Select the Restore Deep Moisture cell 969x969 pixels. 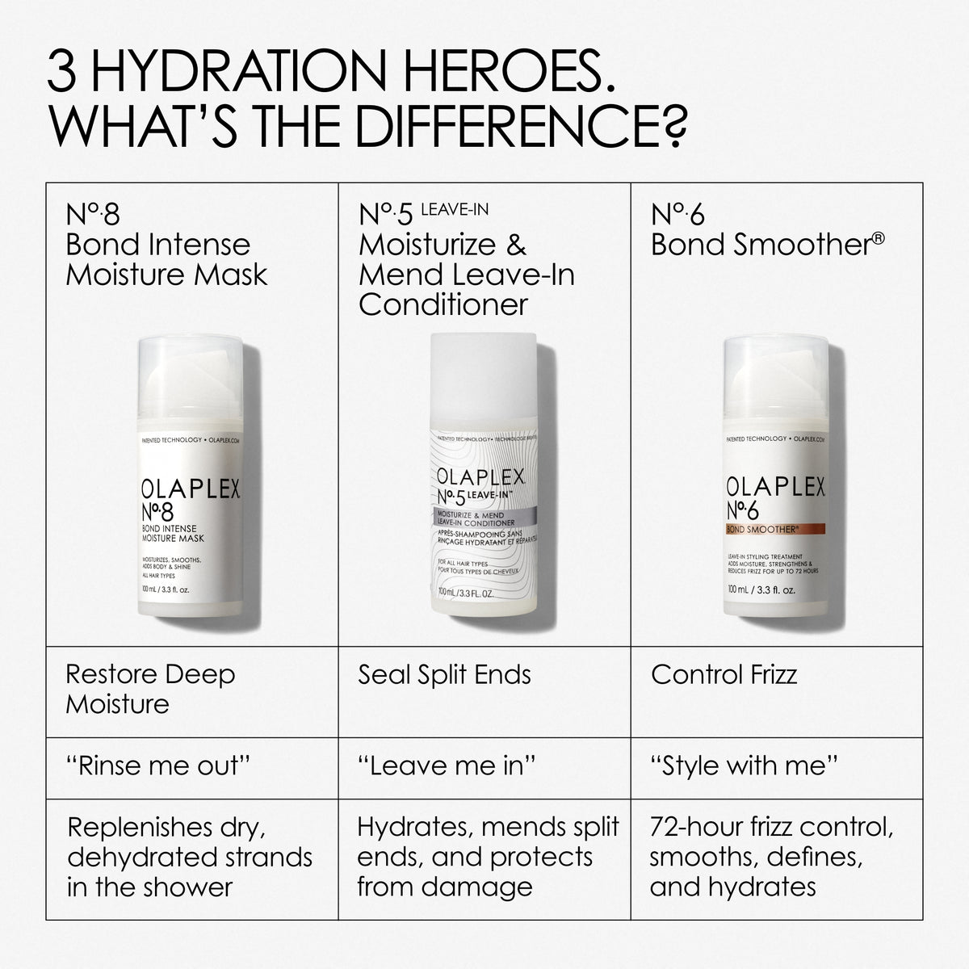pos(150,689)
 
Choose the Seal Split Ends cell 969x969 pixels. pos(444,675)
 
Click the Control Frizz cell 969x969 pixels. pos(724,675)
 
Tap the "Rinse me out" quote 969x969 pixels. pos(153,766)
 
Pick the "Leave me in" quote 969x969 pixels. pos(447,766)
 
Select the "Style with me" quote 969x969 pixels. pos(744,766)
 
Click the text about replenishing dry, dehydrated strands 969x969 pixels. pos(189,857)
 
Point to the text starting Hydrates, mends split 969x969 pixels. pos(488,857)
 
